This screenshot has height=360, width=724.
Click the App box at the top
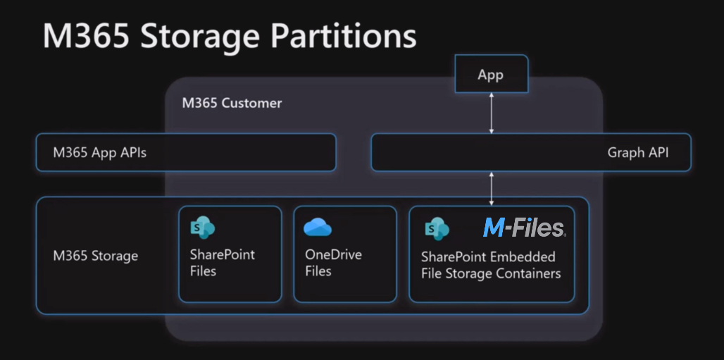tap(492, 73)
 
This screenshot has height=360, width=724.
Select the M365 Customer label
tap(232, 103)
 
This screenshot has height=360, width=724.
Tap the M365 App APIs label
tap(100, 152)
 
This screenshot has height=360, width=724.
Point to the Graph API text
tap(637, 152)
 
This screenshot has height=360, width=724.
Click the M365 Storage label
tap(96, 256)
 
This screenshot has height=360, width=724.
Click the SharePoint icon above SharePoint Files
tap(202, 228)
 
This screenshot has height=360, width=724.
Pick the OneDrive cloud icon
tap(318, 227)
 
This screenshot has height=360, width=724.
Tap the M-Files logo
tap(524, 228)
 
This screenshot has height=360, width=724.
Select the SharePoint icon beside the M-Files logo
tap(437, 228)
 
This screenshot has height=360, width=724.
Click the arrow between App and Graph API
tap(492, 113)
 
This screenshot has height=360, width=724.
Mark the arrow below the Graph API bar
tap(492, 189)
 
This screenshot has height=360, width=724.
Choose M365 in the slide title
tap(86, 36)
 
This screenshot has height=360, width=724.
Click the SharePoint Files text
tap(223, 263)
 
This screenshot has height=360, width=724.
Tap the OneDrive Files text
tap(333, 263)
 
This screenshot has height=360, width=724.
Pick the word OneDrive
tap(333, 254)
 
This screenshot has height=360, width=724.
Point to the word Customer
tap(251, 103)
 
